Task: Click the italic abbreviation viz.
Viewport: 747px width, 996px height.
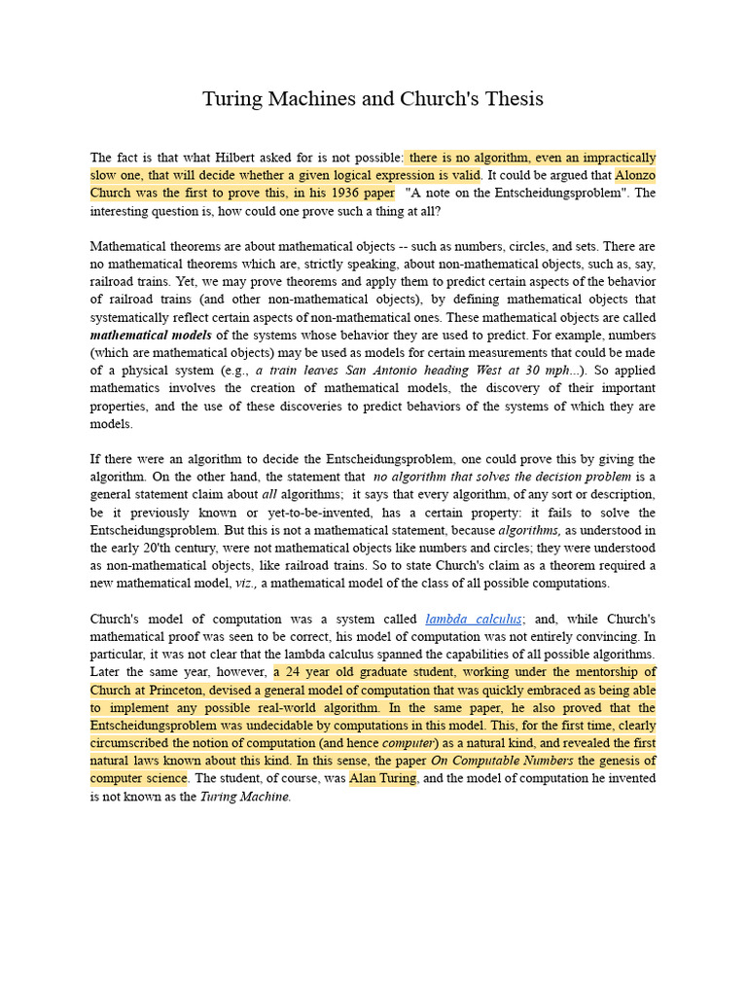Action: [244, 584]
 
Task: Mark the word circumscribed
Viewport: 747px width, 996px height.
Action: [130, 743]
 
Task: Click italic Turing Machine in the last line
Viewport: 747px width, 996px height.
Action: [244, 797]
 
